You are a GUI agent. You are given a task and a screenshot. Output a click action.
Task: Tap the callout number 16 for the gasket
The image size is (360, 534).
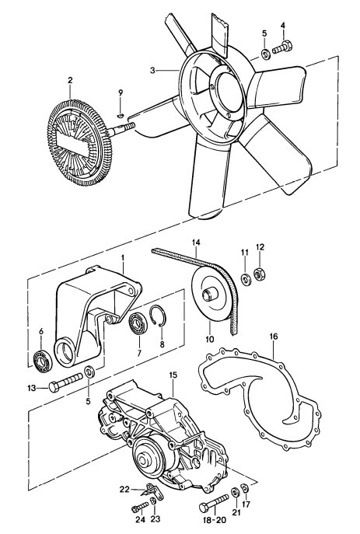(273, 338)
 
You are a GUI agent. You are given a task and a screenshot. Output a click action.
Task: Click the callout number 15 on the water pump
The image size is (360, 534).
(173, 375)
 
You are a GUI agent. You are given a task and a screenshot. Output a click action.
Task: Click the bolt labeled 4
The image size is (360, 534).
(288, 47)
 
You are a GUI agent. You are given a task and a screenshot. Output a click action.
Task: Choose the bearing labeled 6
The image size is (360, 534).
(42, 360)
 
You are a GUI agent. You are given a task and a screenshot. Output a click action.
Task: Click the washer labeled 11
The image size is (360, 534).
(245, 279)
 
